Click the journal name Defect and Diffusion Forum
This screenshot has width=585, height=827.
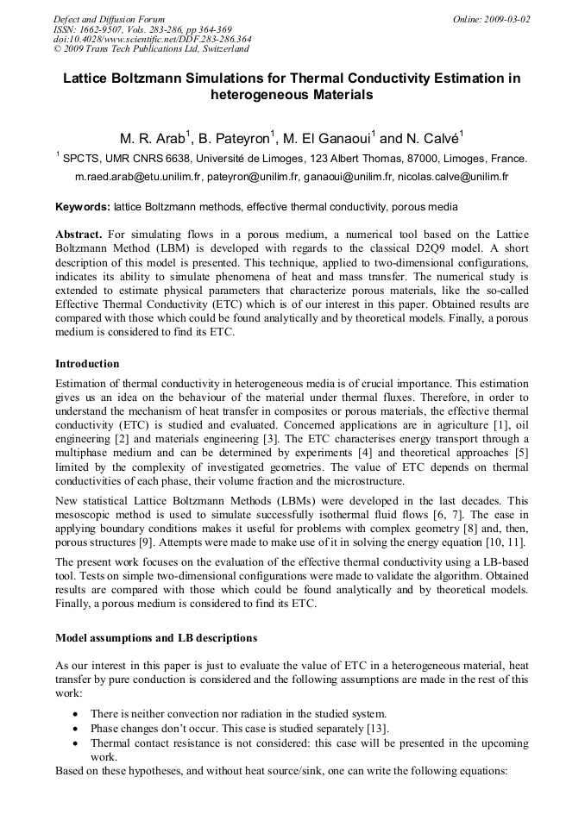pos(109,18)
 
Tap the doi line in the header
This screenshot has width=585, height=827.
pos(152,39)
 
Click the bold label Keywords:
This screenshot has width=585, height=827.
pos(83,207)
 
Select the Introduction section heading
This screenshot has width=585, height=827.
pos(87,363)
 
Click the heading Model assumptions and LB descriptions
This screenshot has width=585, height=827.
pos(156,638)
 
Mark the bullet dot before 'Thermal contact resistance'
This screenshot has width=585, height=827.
pos(78,742)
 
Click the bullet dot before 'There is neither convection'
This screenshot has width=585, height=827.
pos(78,714)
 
